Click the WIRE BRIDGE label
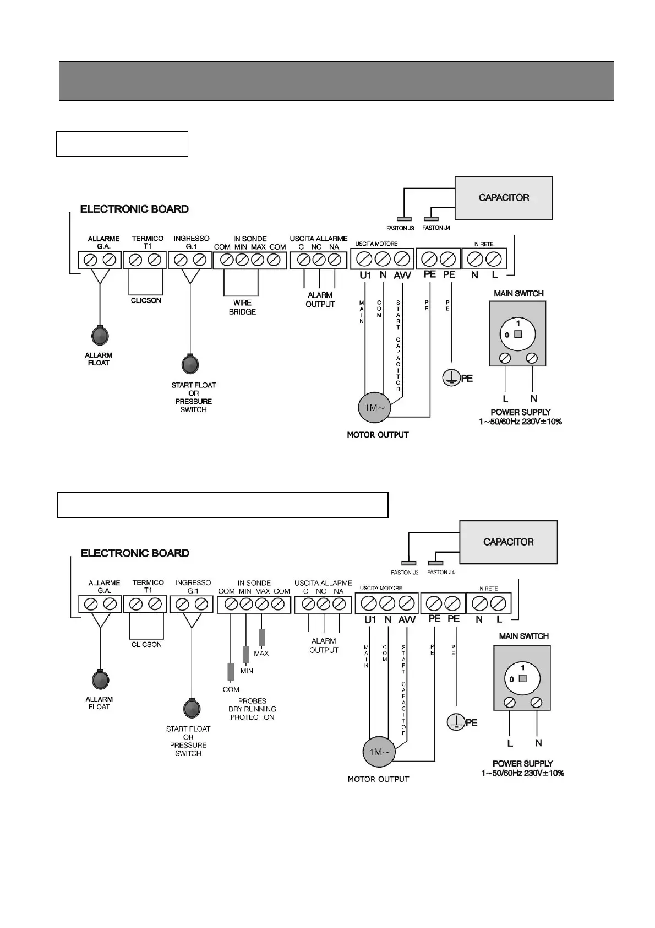click(x=242, y=307)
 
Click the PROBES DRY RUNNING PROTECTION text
click(x=252, y=709)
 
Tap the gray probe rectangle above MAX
click(x=261, y=638)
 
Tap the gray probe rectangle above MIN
click(x=246, y=655)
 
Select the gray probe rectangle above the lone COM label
click(x=231, y=672)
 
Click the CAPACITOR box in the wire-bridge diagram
click(x=504, y=198)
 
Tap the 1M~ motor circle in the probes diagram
click(x=379, y=752)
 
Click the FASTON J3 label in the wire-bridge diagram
click(x=400, y=228)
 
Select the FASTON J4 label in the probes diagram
click(x=441, y=572)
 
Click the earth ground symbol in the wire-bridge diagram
click(x=451, y=378)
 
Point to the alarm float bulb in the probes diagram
click(x=100, y=680)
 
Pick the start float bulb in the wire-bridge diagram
click(x=190, y=364)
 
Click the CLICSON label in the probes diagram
click(x=146, y=644)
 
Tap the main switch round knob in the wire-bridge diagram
click(x=517, y=334)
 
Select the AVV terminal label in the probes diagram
click(x=407, y=619)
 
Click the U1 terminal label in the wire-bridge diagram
click(x=365, y=275)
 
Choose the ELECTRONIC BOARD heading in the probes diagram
click(x=135, y=553)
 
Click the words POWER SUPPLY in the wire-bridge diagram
click(x=521, y=412)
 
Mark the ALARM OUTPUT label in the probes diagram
click(x=324, y=645)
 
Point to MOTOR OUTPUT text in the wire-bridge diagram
click(x=378, y=435)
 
